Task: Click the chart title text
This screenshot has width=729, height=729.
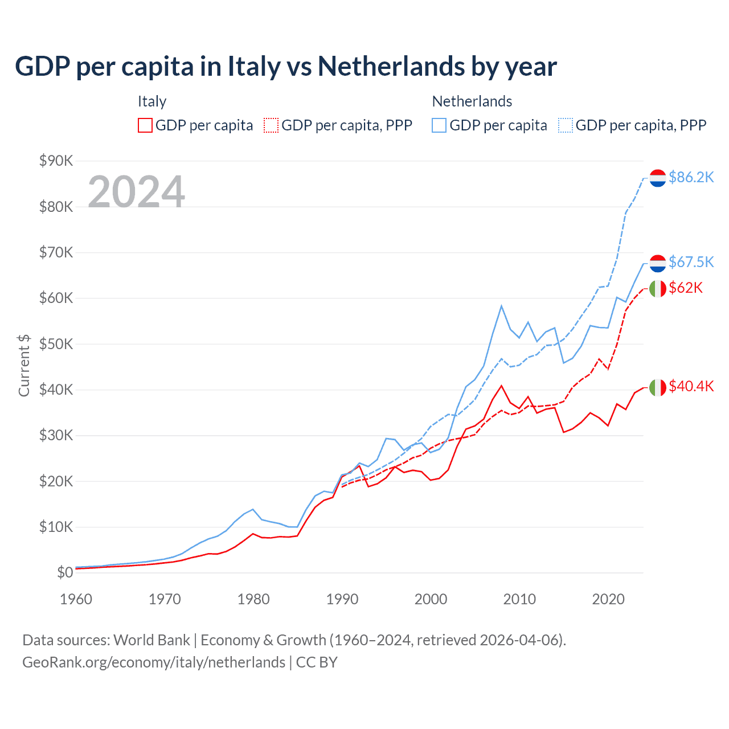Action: [x=285, y=66]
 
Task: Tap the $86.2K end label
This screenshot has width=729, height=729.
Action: [x=691, y=177]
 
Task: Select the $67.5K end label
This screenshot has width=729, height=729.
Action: [x=691, y=261]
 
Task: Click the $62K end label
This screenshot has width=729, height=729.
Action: [x=686, y=288]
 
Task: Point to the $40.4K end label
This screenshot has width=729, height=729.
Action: [x=691, y=386]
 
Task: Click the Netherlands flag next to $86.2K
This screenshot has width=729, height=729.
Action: [x=658, y=178]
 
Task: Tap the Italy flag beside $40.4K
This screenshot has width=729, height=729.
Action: [x=658, y=387]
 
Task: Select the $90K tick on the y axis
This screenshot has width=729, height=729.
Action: [x=56, y=161]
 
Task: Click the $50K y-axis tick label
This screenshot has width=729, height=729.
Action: [x=56, y=344]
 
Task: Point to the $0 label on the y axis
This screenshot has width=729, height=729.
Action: [x=64, y=572]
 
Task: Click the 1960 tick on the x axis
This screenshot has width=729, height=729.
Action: [x=76, y=599]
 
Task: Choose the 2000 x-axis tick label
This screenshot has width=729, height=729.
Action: [x=431, y=599]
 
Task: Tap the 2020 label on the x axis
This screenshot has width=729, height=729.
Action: [x=608, y=599]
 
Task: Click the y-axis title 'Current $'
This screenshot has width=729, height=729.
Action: [x=24, y=366]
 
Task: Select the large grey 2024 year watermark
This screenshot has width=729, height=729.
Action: [x=136, y=192]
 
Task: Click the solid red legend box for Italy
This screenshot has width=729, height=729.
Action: [x=145, y=125]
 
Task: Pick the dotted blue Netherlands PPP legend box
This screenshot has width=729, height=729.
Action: [x=566, y=125]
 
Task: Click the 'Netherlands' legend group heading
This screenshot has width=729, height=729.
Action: [x=472, y=101]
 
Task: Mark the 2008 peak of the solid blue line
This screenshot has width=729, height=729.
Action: [x=501, y=306]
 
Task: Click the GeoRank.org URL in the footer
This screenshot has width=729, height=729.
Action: [x=154, y=662]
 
